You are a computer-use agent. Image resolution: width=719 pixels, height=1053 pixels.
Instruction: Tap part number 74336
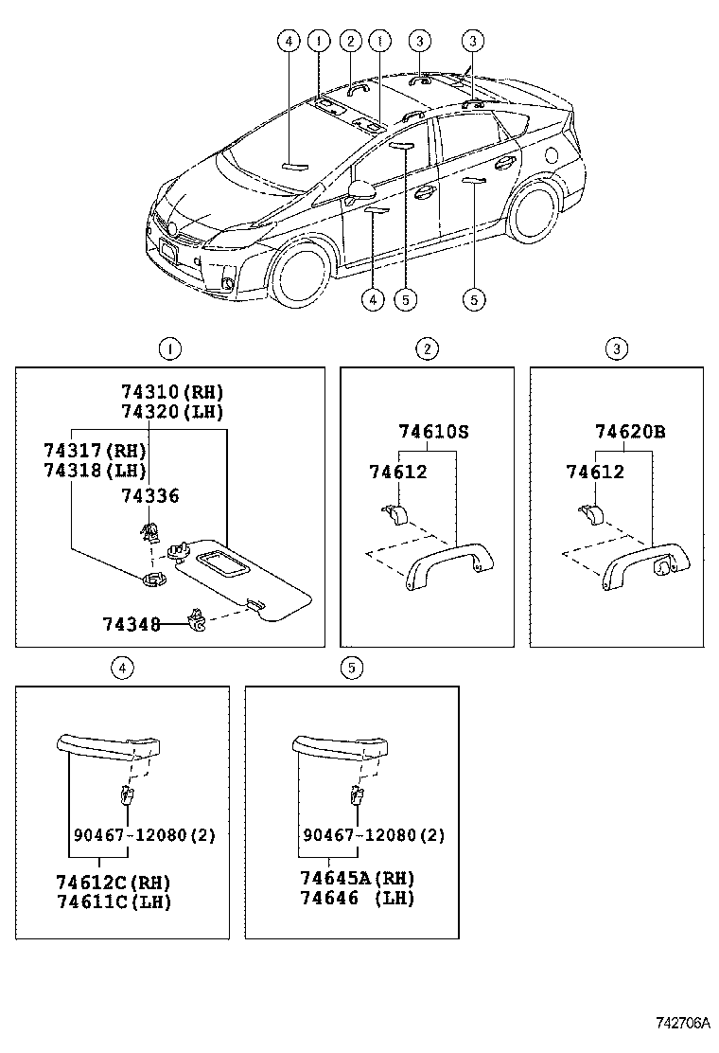149,496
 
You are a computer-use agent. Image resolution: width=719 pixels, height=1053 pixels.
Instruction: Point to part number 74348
131,624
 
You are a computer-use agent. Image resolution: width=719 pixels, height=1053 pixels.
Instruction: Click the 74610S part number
433,432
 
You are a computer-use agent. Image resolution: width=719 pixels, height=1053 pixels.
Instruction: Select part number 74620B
630,432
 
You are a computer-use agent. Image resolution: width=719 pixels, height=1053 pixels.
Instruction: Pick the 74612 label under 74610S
398,472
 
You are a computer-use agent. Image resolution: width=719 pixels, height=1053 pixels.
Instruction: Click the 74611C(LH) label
114,901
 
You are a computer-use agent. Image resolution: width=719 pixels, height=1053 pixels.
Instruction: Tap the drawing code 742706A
683,1024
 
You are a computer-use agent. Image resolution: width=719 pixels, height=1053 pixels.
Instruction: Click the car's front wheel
301,276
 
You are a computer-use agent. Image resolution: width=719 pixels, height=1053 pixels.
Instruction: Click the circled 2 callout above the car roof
350,41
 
